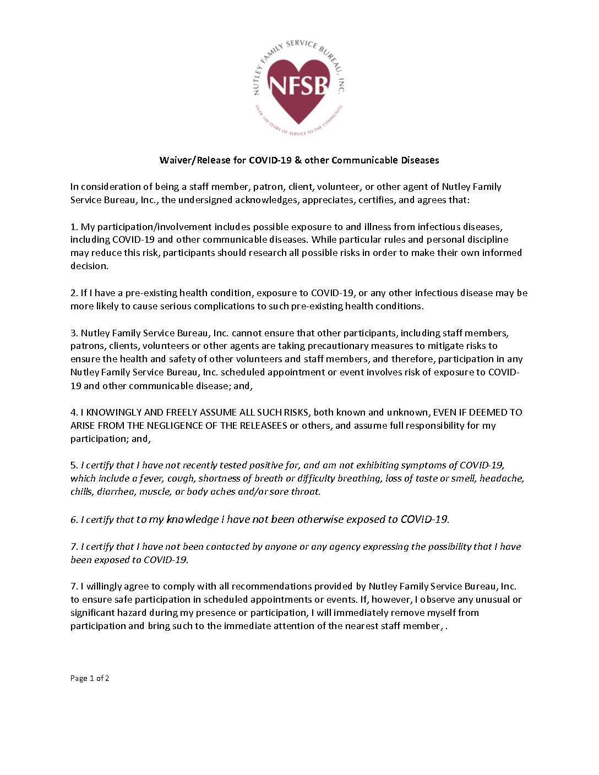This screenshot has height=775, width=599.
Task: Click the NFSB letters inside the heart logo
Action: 298,85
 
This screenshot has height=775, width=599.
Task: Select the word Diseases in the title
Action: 420,160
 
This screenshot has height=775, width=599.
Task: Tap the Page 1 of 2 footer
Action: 90,678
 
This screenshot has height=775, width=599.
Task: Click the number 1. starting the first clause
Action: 74,227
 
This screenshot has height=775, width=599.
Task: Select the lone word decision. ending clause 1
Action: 89,266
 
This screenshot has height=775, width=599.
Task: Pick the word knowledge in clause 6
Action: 192,520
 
